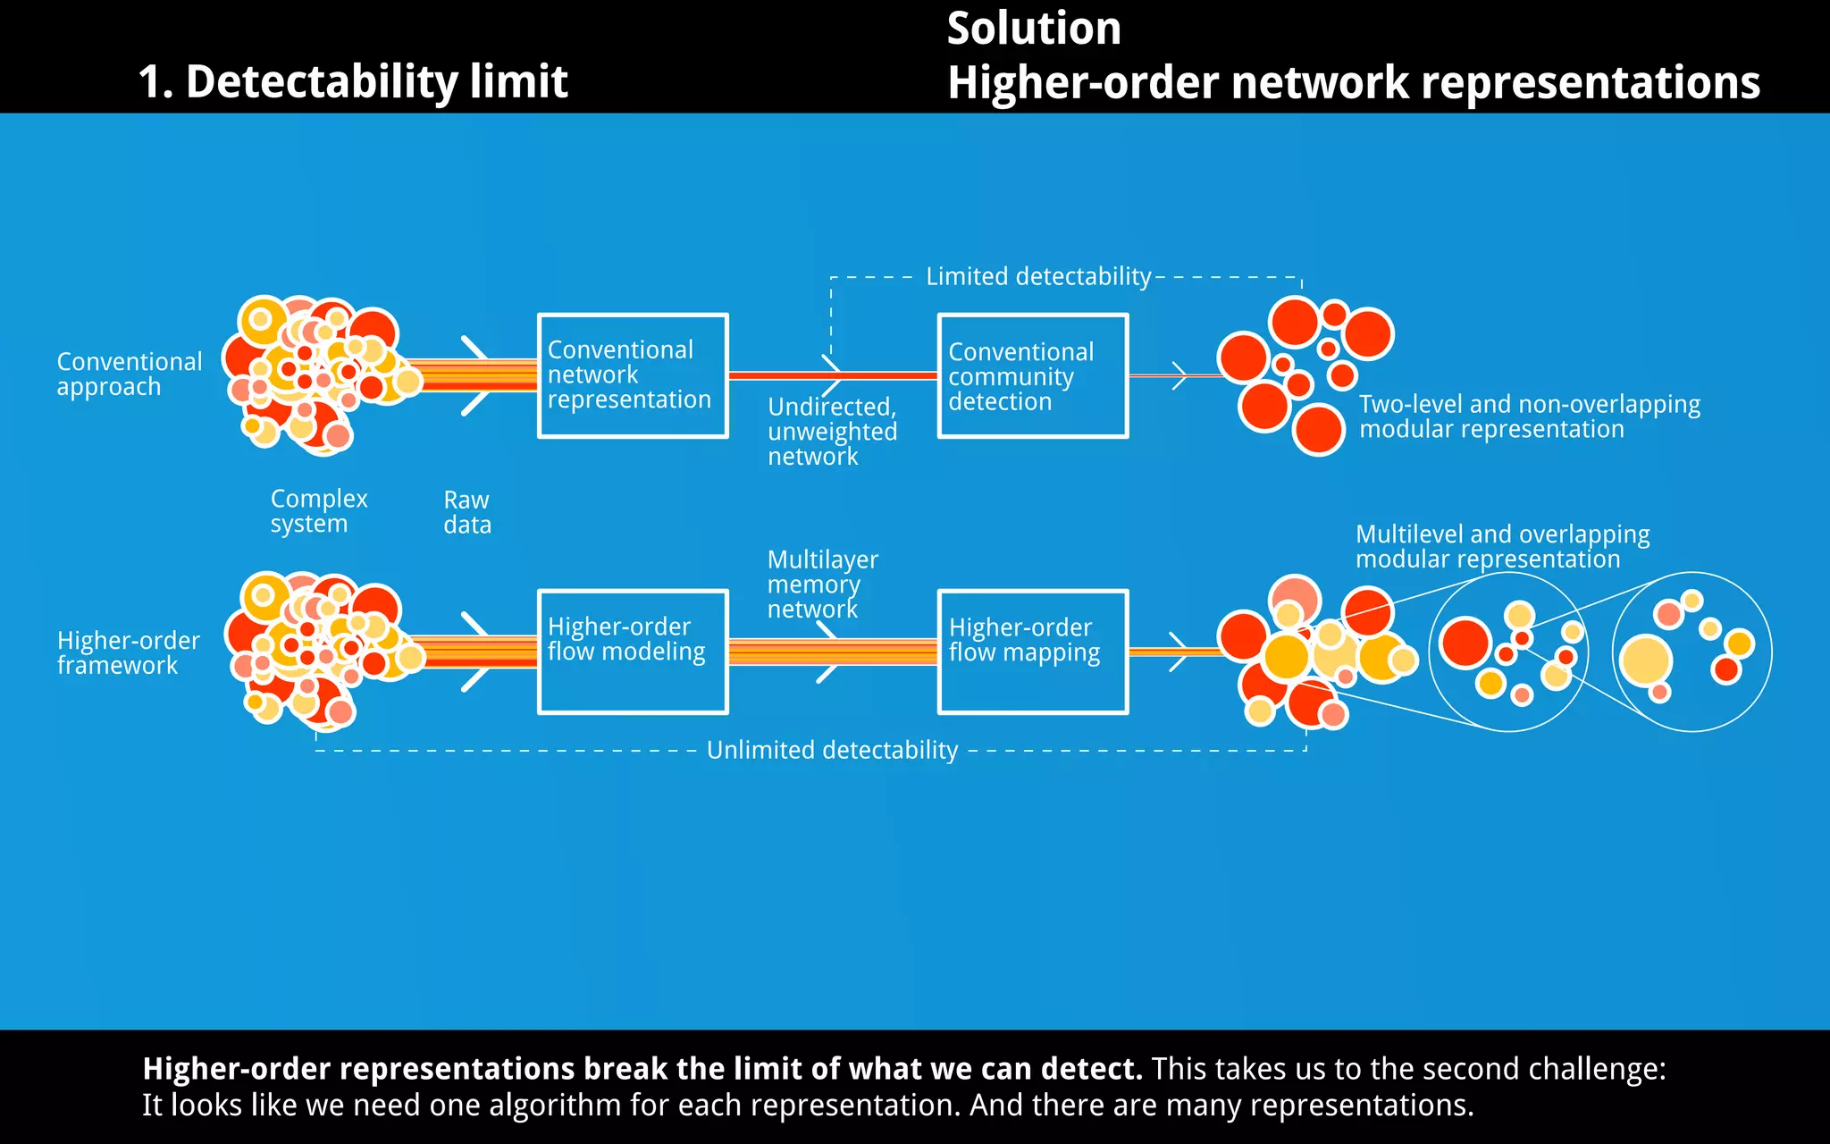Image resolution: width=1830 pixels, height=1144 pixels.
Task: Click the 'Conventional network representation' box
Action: [633, 375]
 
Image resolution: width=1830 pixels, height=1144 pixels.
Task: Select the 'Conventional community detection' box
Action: [1033, 375]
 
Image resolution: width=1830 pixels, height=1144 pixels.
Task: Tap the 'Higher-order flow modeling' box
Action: [633, 652]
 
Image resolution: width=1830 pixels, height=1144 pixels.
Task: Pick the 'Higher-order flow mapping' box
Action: [1033, 652]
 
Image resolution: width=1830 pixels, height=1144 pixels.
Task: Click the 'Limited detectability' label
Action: [1038, 276]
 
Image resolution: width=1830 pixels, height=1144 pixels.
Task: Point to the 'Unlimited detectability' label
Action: [832, 750]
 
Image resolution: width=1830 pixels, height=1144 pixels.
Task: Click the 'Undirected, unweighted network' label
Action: [831, 432]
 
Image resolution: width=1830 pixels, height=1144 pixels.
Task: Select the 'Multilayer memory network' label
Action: [821, 585]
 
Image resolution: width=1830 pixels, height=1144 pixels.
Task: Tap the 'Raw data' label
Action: [466, 512]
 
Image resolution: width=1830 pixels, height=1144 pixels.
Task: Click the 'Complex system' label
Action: [318, 511]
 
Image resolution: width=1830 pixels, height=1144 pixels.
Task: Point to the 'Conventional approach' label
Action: [129, 374]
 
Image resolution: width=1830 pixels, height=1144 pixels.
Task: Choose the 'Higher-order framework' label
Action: [128, 653]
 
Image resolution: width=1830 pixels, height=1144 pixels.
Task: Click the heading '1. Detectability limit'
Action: [353, 81]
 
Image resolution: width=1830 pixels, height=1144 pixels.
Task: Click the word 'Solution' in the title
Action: [1034, 29]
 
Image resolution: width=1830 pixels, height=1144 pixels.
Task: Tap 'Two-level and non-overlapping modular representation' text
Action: [1529, 416]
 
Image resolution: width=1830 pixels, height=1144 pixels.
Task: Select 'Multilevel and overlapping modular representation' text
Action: [1502, 547]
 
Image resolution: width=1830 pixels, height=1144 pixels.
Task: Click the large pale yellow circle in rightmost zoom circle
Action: [1646, 661]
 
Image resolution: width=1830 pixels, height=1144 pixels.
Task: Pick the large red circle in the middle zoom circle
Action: [1465, 643]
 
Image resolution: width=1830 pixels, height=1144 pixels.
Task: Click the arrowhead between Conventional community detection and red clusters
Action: [1180, 375]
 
